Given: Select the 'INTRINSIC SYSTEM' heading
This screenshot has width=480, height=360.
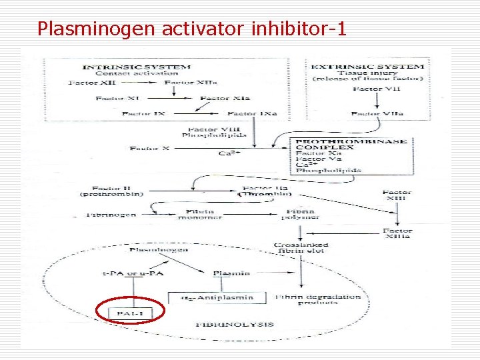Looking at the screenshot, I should coord(136,67).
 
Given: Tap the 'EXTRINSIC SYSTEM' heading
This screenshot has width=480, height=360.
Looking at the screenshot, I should coord(367,67).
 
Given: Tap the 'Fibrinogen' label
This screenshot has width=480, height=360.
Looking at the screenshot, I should coord(112,215).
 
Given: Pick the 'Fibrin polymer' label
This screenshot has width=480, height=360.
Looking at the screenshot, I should coord(297,214).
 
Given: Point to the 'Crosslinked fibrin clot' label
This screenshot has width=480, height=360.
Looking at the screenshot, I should coord(301,249).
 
